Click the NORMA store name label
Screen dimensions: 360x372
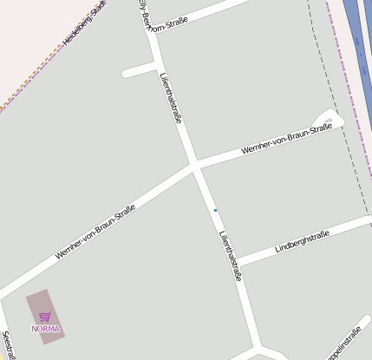pyautogui.click(x=45, y=329)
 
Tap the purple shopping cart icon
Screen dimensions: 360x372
pyautogui.click(x=45, y=317)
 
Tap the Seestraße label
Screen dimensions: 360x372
pyautogui.click(x=7, y=344)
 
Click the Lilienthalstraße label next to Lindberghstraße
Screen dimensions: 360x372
pyautogui.click(x=230, y=255)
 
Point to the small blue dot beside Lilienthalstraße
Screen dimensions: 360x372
pyautogui.click(x=215, y=211)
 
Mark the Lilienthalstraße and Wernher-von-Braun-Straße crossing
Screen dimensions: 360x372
pyautogui.click(x=195, y=165)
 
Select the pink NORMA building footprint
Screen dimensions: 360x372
pyautogui.click(x=45, y=317)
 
